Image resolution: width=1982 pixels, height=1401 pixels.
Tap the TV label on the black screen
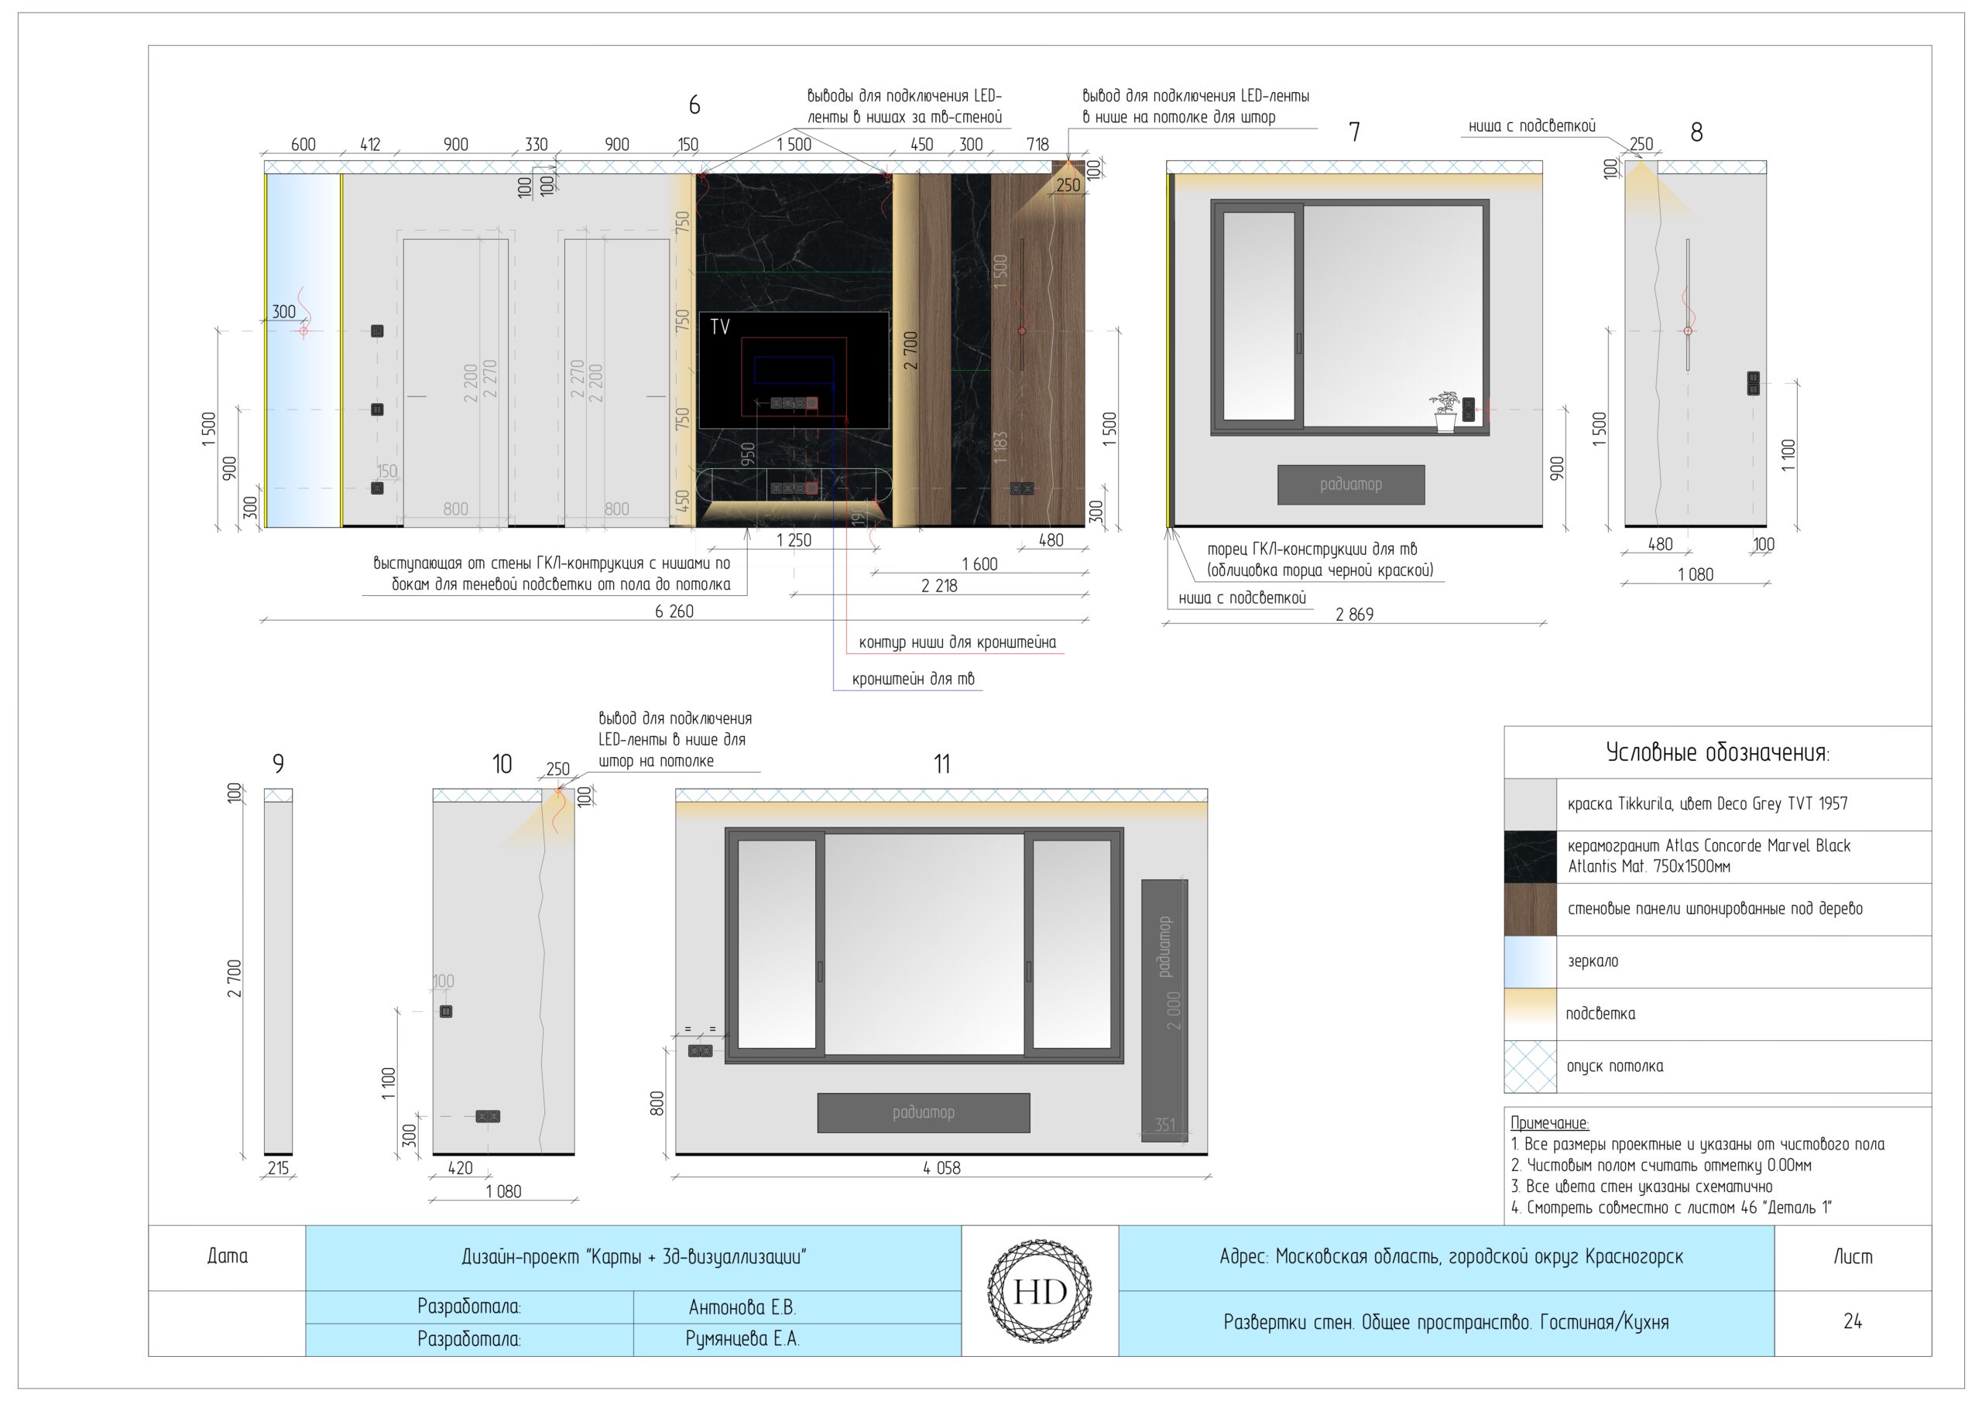click(x=720, y=327)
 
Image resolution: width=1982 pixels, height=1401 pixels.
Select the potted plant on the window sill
click(x=1443, y=411)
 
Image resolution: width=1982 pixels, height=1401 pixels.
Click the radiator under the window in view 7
click(x=1351, y=485)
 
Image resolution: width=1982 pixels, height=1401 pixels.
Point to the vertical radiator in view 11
click(x=1164, y=1010)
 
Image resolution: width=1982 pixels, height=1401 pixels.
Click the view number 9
click(x=278, y=764)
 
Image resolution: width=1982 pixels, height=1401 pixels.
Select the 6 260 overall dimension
click(x=674, y=611)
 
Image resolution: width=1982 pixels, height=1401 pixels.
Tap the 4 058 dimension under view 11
click(x=941, y=1168)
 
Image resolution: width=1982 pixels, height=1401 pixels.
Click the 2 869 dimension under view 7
click(x=1354, y=615)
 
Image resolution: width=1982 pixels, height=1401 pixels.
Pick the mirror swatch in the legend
click(x=1531, y=961)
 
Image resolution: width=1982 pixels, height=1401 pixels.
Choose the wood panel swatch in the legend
click(x=1531, y=909)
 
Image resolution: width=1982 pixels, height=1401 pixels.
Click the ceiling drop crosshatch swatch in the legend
click(x=1531, y=1066)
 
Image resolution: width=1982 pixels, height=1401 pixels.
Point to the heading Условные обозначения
click(x=1717, y=752)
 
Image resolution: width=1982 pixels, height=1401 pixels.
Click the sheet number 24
click(x=1853, y=1321)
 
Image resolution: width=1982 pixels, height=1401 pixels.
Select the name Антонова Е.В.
click(x=742, y=1307)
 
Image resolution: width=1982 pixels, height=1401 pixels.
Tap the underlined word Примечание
click(x=1549, y=1123)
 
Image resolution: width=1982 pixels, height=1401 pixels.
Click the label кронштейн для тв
click(x=914, y=679)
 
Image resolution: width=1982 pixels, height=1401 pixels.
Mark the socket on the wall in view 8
click(x=1754, y=383)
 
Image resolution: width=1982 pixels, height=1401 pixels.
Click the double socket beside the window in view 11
click(x=700, y=1050)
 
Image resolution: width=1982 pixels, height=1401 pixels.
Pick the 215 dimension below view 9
click(x=278, y=1169)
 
